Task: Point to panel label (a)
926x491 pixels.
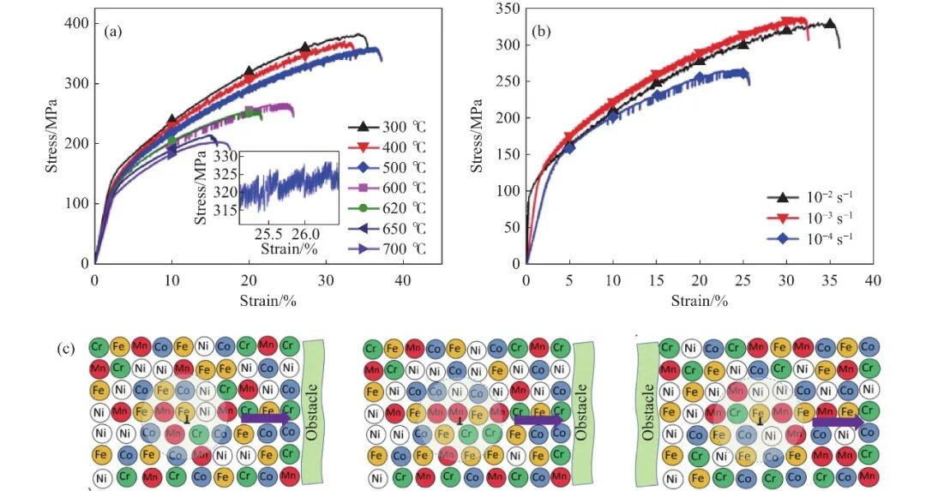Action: [x=113, y=32]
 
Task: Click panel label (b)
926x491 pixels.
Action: [x=541, y=32]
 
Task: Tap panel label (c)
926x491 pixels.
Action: [x=71, y=350]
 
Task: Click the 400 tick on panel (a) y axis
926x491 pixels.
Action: [x=76, y=23]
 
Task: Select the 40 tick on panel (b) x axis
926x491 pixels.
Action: [x=873, y=280]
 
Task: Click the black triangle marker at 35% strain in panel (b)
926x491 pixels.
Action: [x=829, y=24]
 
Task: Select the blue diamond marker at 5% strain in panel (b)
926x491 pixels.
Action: [x=569, y=147]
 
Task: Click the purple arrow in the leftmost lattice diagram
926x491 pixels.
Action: [x=267, y=419]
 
